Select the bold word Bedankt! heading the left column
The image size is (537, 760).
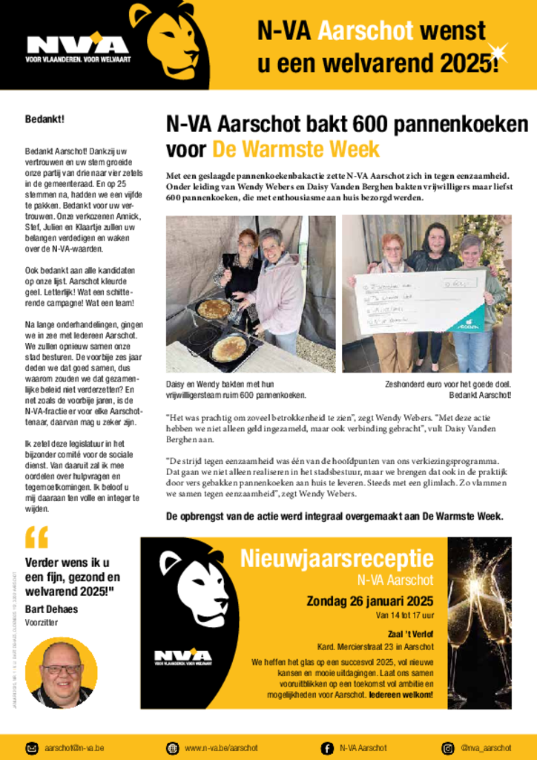(45, 119)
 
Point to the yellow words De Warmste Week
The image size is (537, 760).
(296, 149)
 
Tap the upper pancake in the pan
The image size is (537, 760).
(214, 309)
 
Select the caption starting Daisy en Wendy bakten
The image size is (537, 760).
(236, 390)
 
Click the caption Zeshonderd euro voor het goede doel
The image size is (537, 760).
(447, 384)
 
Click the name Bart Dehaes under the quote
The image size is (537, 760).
(51, 609)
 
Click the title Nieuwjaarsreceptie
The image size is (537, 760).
(337, 559)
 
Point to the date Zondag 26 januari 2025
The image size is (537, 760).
(370, 601)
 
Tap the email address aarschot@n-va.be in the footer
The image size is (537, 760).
(74, 747)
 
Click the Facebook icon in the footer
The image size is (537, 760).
(327, 747)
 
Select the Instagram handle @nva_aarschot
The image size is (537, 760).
(486, 747)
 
